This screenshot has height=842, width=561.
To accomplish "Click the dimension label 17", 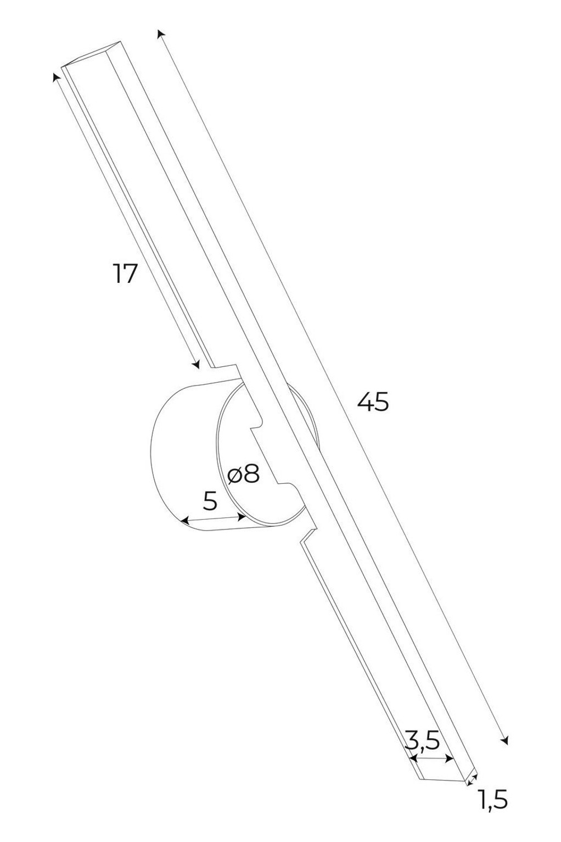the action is [125, 274].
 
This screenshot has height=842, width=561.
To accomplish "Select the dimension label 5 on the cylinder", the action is [210, 501].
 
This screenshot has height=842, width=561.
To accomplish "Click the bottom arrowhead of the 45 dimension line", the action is [505, 738].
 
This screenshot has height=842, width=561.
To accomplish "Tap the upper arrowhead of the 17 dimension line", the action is [56, 77].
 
